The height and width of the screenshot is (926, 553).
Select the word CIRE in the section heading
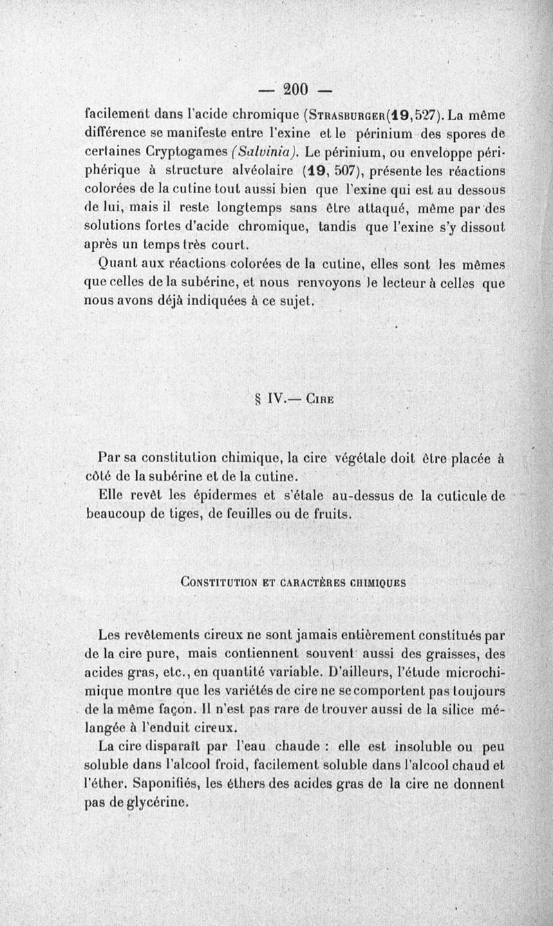[x=321, y=398]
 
